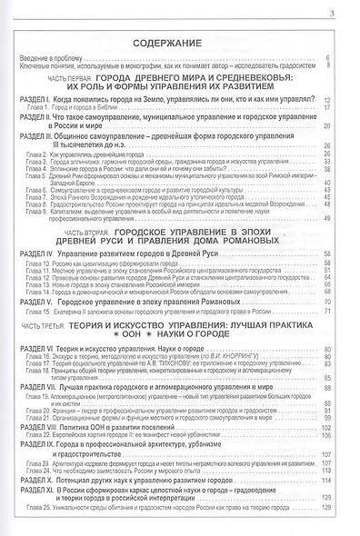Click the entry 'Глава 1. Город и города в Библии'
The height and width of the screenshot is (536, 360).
click(81, 106)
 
